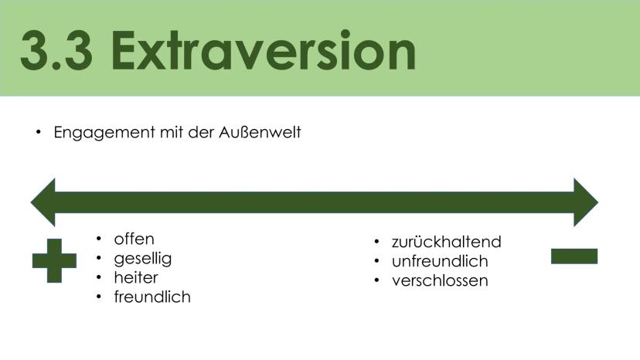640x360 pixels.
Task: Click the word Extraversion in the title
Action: [264, 51]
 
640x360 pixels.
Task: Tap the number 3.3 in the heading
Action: [56, 51]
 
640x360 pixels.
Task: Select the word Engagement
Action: [104, 133]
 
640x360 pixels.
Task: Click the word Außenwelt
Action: [260, 132]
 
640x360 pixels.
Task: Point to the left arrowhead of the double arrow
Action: [43, 202]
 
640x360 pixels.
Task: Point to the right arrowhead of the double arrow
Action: [586, 202]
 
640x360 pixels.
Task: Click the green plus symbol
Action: [54, 261]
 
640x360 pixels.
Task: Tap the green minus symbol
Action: [574, 256]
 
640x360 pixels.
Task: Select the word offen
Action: [134, 239]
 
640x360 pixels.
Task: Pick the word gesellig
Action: [143, 259]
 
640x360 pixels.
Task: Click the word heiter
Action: [136, 277]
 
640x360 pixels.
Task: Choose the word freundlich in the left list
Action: [152, 297]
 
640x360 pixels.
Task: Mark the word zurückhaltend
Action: [447, 242]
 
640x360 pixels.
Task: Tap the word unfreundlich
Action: [440, 261]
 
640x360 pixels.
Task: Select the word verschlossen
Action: [440, 281]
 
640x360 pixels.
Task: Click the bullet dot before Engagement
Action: [39, 132]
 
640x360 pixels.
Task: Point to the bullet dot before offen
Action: [99, 239]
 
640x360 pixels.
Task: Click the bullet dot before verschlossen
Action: [376, 280]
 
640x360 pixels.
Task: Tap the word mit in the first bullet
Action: [172, 132]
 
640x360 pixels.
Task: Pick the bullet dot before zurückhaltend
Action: [376, 242]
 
